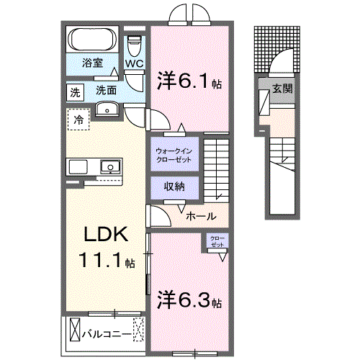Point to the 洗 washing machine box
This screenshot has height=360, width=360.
[74, 92]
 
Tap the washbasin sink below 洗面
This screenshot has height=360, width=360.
[107, 109]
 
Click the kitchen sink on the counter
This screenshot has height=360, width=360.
[110, 166]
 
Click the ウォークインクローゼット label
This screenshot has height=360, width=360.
[174, 155]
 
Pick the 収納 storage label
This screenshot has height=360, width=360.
[174, 186]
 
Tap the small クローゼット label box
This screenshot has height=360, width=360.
[217, 241]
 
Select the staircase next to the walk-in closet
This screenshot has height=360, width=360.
[215, 169]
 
